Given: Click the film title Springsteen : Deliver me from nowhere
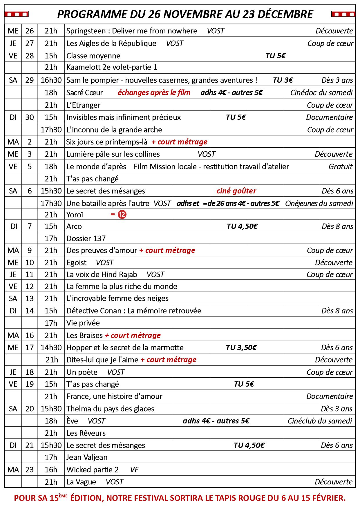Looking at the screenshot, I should [132, 31].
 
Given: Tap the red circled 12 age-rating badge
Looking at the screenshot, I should [122, 215].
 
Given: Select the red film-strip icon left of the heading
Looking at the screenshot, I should [16, 14].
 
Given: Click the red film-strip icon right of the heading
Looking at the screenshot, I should [343, 14].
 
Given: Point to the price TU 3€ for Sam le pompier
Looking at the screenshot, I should [283, 80].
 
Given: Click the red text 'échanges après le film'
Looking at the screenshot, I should [154, 93].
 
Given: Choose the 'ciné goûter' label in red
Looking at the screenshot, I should [236, 191].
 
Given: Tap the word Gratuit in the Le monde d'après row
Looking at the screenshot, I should [341, 166].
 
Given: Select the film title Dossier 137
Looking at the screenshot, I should [86, 238].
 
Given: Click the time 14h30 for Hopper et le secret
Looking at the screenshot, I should [51, 347].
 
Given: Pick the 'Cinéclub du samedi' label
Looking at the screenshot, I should [320, 421].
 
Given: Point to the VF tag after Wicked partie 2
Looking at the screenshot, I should [134, 470].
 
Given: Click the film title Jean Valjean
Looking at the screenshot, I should [87, 457].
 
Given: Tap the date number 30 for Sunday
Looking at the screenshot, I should [30, 117].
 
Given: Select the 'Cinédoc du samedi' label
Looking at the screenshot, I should [321, 93].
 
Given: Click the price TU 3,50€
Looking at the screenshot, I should [241, 347].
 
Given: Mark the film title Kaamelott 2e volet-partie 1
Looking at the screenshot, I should [112, 67].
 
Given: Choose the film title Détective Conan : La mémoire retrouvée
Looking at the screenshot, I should [134, 311].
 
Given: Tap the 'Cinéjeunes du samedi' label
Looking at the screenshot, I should [319, 203].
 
